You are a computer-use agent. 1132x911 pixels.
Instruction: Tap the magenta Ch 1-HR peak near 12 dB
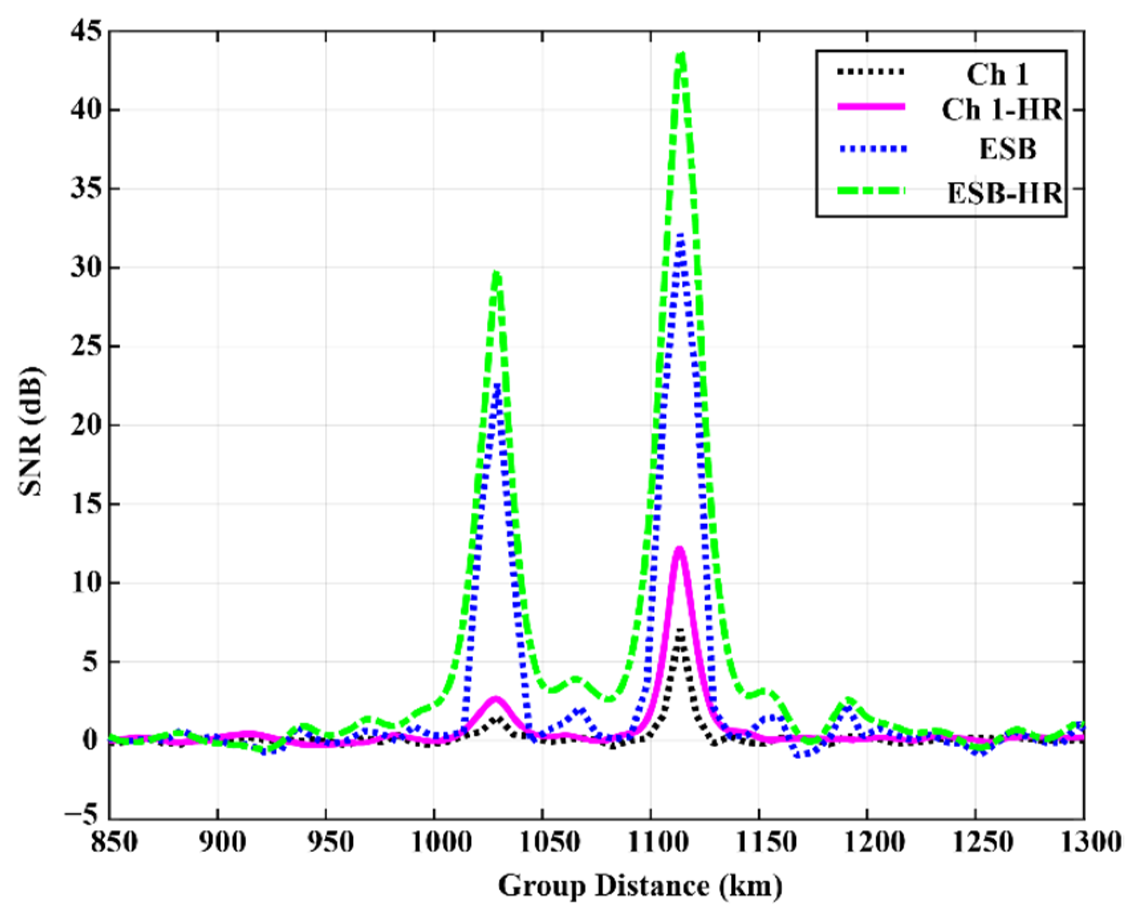point(679,550)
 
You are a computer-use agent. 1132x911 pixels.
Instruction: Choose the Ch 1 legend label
point(997,74)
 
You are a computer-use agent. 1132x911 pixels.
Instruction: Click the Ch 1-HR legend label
point(1002,110)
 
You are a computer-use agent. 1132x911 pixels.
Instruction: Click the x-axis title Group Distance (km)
point(640,886)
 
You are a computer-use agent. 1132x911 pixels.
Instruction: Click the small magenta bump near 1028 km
point(496,699)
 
